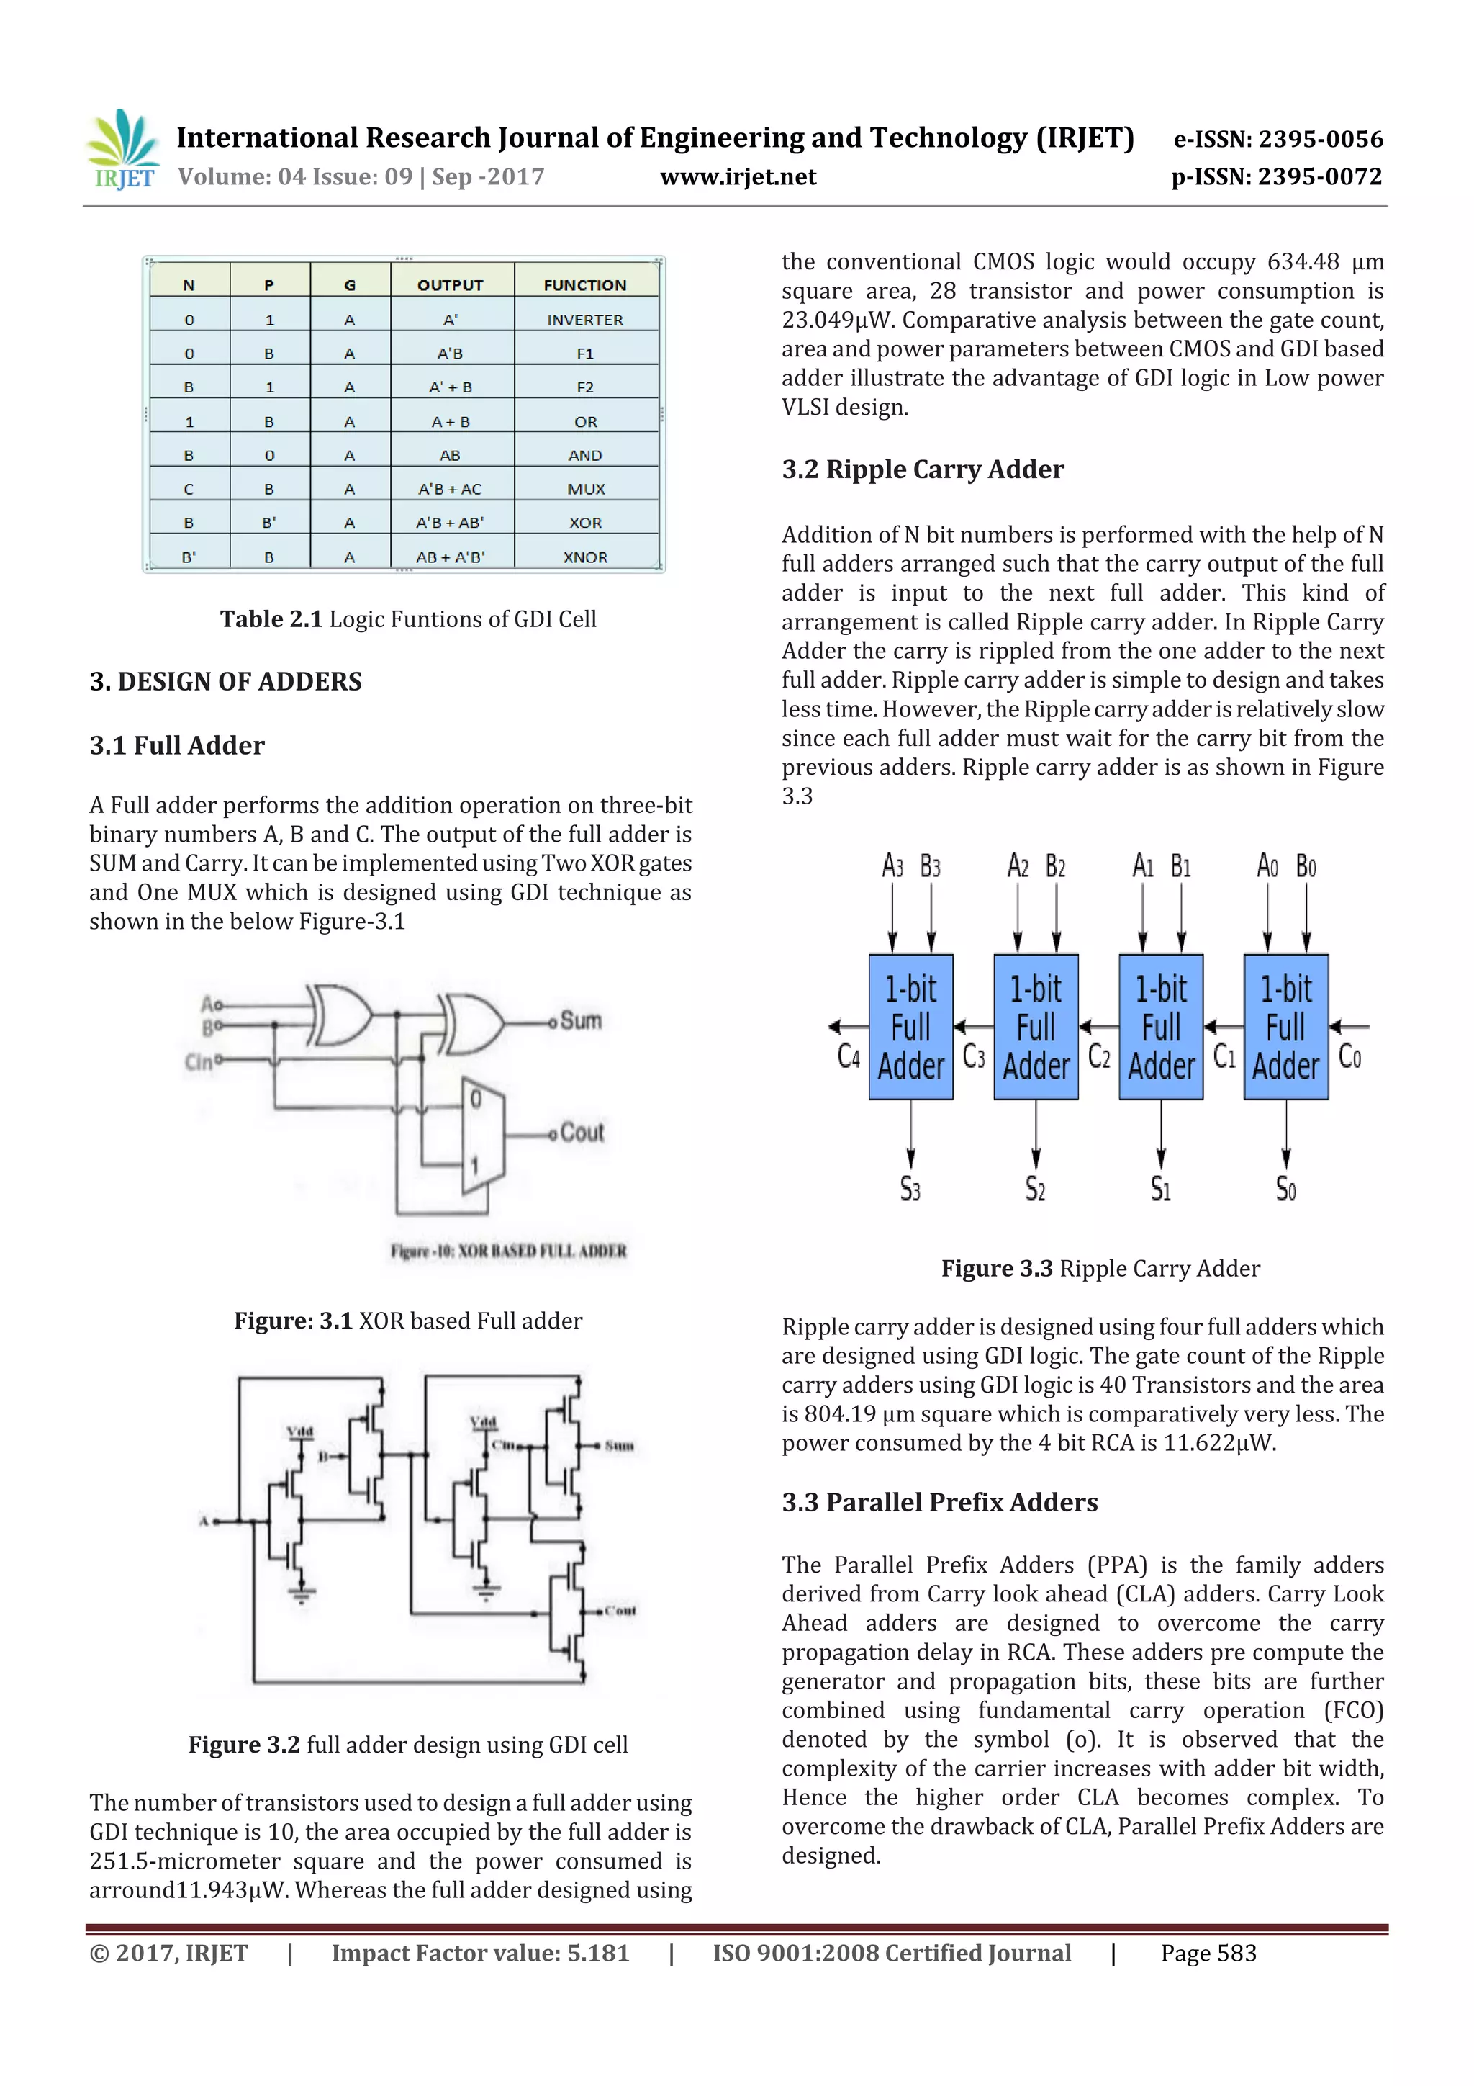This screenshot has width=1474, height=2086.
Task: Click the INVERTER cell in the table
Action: point(585,320)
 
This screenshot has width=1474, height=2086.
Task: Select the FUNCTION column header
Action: point(585,285)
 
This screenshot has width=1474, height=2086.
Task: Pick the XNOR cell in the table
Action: point(585,557)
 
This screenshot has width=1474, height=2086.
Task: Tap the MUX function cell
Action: point(586,489)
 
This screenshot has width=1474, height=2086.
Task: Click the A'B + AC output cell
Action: point(450,489)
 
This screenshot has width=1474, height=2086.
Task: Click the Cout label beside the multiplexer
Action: point(582,1132)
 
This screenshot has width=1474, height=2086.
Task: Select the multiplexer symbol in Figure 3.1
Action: point(482,1136)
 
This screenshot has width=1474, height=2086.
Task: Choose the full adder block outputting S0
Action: point(1285,1027)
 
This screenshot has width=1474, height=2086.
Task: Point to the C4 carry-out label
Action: point(849,1056)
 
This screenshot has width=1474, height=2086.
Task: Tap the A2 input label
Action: point(1017,866)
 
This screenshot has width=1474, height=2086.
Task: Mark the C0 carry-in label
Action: point(1349,1056)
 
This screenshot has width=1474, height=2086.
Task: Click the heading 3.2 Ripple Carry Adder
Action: point(922,469)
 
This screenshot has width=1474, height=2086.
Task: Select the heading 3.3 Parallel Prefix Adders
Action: point(939,1503)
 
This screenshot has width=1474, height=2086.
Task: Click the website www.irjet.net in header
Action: point(738,177)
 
